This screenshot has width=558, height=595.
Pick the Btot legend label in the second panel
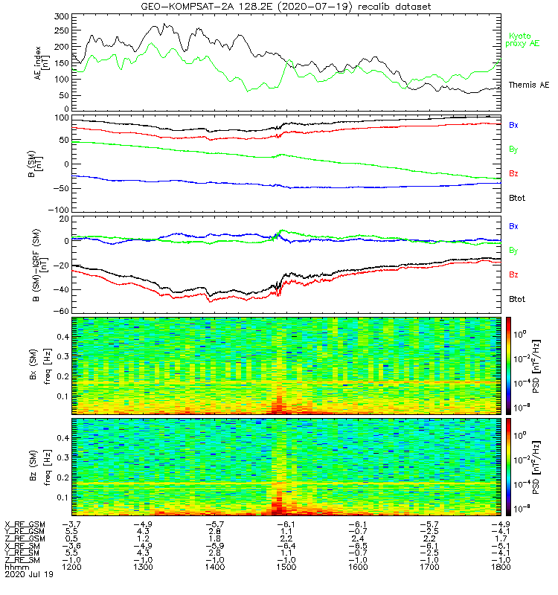(x=516, y=198)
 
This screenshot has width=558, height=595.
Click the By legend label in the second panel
(x=513, y=149)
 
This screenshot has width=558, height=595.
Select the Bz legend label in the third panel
(x=513, y=274)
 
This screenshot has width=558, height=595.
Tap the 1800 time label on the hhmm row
(x=500, y=567)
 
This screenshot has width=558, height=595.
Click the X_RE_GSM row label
(x=25, y=524)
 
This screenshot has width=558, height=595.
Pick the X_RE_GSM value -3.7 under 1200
(x=71, y=524)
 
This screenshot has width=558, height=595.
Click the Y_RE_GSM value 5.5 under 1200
(x=71, y=532)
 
